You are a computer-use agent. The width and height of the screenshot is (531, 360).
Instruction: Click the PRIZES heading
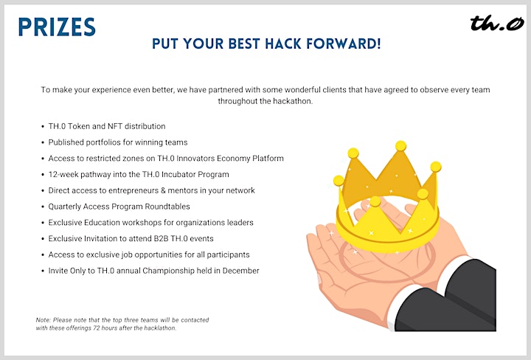tap(57, 27)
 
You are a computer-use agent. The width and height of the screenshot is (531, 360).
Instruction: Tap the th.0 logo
tap(497, 23)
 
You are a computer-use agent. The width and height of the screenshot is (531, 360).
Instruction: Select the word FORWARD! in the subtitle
tap(344, 44)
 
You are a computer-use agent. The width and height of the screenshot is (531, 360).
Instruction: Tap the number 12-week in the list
tap(63, 174)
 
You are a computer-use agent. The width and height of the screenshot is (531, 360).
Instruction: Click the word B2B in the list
tap(162, 239)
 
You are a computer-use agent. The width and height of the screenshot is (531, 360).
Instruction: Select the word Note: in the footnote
tap(44, 320)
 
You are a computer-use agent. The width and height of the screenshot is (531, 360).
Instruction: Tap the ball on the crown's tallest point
tap(400, 146)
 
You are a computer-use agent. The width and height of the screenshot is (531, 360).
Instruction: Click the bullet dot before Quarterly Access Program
tap(43, 207)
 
